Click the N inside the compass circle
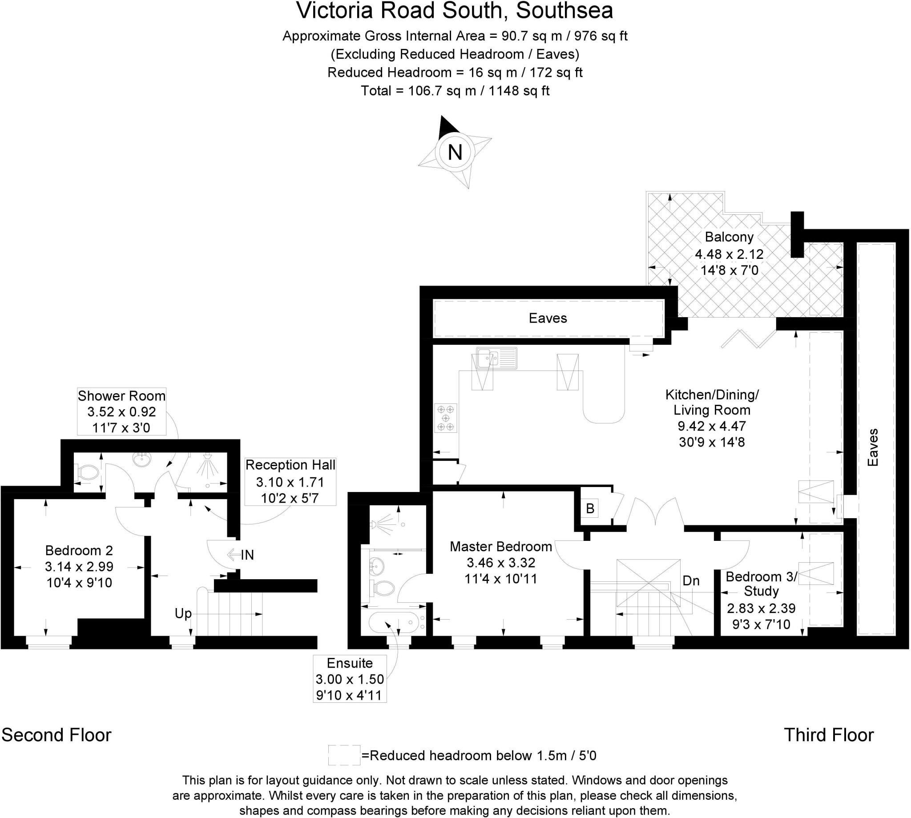point(455,153)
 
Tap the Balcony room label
point(729,237)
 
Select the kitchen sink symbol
point(496,358)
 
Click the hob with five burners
point(446,418)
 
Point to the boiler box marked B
point(590,508)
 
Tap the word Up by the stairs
point(183,613)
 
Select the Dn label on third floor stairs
point(691,580)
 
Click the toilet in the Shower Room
point(88,472)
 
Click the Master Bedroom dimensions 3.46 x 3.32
point(501,563)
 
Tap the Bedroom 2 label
point(79,551)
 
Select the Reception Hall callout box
point(290,481)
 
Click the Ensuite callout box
point(350,679)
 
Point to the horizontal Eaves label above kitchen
point(548,318)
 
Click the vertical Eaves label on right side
point(873,447)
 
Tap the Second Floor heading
point(56,735)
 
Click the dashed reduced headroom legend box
point(344,755)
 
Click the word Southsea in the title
point(564,11)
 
